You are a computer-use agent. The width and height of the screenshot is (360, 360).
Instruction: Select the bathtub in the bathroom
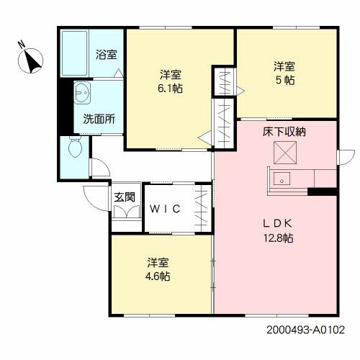coord(75,55)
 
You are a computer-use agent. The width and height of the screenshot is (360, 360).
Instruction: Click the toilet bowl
coord(74,148)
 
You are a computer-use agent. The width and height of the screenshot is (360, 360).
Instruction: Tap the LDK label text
coord(282,224)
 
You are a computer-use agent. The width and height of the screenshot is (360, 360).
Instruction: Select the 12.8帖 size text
coord(282,238)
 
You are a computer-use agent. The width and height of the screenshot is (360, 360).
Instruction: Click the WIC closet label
coord(170,209)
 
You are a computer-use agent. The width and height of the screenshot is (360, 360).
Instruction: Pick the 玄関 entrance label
coord(124,196)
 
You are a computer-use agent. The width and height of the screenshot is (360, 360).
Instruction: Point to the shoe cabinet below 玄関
coord(126,214)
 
